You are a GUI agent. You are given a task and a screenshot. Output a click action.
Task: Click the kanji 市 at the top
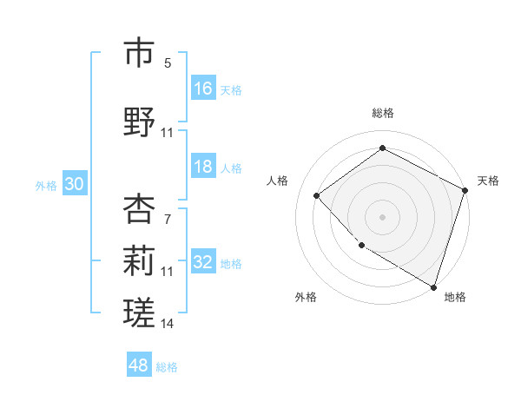coord(140,54)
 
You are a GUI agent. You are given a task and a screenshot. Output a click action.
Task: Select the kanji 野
coord(140,122)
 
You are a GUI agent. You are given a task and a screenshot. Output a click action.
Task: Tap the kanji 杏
coord(140,209)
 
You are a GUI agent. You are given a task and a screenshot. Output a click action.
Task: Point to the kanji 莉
coord(140,262)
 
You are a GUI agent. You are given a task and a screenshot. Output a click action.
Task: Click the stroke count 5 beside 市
coord(167,63)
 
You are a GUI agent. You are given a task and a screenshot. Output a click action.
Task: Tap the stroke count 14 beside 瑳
coord(168,324)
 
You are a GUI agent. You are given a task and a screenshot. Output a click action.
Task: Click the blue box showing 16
coord(203,88)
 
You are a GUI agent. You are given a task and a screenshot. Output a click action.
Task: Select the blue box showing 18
coord(203,168)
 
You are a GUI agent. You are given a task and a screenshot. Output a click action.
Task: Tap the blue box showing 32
coord(203,263)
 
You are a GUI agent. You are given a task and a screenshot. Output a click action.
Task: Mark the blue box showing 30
coord(74,185)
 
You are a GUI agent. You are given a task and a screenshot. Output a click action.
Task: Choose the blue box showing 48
coord(139,365)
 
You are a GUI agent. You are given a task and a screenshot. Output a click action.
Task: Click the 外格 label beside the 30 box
coord(46,186)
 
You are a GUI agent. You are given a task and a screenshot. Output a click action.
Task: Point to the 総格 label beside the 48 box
coord(167,367)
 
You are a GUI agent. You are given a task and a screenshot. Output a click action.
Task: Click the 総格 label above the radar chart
coord(382,113)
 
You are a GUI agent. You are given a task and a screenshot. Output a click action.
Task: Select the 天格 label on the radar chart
coord(488,181)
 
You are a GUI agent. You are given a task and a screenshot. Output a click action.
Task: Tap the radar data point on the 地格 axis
coord(433,286)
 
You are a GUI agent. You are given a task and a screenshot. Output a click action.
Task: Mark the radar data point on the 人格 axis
coord(317,195)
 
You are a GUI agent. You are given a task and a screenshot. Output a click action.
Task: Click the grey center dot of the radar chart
coord(382,216)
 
